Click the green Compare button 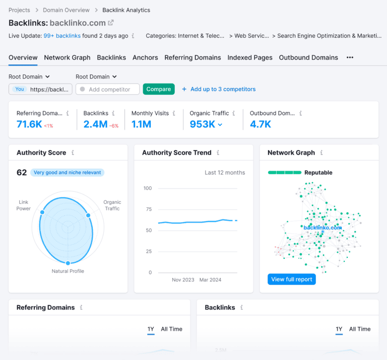tap(159, 89)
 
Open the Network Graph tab tap(67, 57)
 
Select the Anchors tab tap(145, 57)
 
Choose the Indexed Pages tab tap(250, 57)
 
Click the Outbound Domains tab tap(308, 57)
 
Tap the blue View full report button tap(292, 279)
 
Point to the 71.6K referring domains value tap(29, 124)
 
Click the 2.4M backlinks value tap(95, 124)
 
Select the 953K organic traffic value tap(203, 124)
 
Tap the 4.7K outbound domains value tap(261, 124)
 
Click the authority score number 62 tap(22, 173)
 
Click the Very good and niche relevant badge tap(68, 173)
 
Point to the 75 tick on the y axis tap(148, 209)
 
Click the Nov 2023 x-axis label tap(183, 280)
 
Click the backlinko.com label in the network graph tap(322, 228)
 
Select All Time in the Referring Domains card tap(171, 329)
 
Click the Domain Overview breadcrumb tap(66, 10)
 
